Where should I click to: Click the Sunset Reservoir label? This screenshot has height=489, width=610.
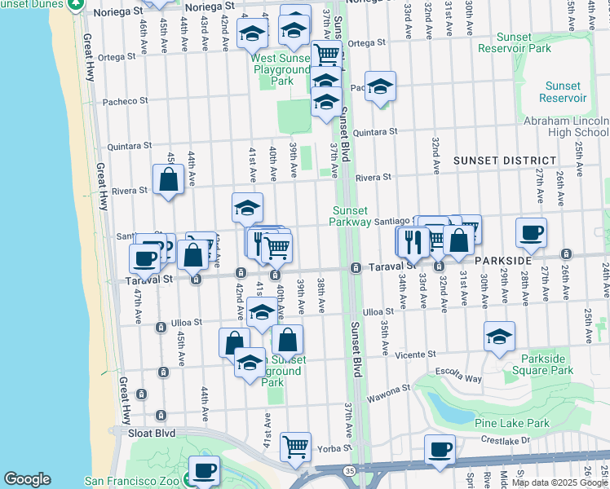tap(563, 91)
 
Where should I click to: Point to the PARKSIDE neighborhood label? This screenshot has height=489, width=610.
tap(504, 260)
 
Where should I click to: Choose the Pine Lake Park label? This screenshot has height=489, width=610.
tap(515, 423)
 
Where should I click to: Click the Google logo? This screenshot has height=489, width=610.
tap(27, 479)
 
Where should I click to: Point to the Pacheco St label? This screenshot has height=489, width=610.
tap(125, 102)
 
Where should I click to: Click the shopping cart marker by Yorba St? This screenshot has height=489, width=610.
tap(295, 446)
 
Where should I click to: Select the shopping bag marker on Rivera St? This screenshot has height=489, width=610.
tap(168, 179)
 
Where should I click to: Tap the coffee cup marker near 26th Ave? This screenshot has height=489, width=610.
tap(531, 233)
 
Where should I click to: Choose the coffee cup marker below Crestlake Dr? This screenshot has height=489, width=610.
tap(440, 450)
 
